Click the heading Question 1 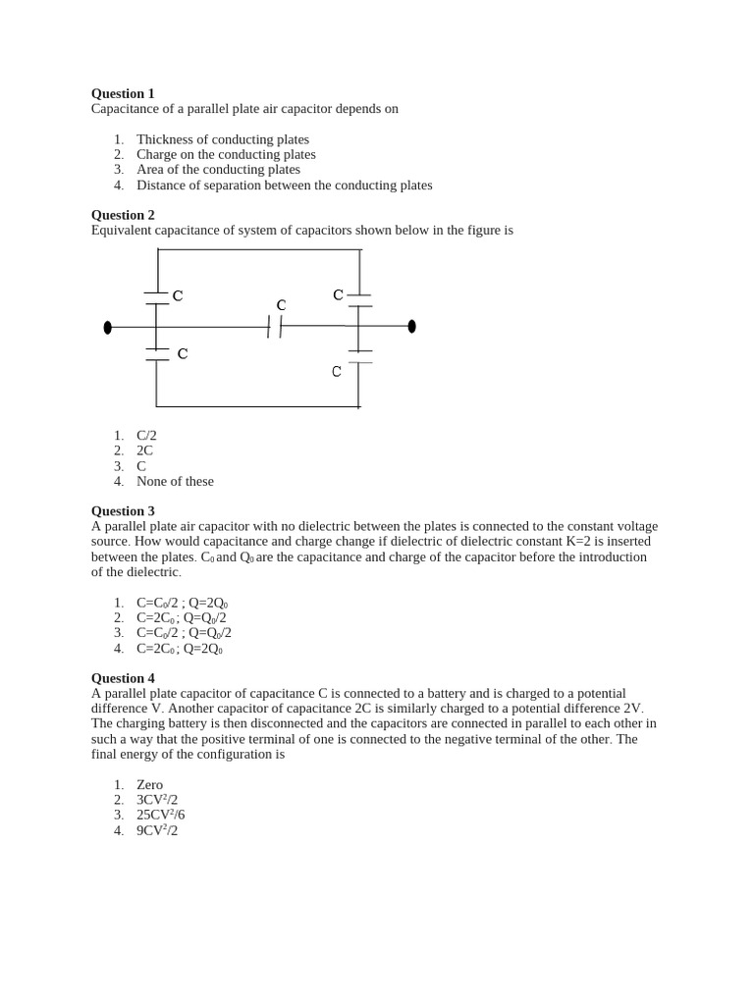coord(123,93)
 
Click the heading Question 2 coord(123,215)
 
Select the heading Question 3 coord(123,511)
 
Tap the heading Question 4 coord(123,678)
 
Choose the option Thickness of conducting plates coord(222,139)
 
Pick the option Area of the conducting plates coord(218,169)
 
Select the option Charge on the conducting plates coord(226,154)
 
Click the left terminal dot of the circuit coord(108,327)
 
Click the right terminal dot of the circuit coord(411,326)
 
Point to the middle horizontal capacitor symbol coord(275,326)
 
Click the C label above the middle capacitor coord(281,305)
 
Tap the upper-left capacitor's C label coord(178,295)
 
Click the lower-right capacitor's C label coord(337,371)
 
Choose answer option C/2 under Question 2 coord(146,436)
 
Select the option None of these coord(175,481)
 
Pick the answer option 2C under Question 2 coord(144,450)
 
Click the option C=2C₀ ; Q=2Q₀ coord(180,649)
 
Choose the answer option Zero coord(149,785)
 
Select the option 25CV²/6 coord(160,815)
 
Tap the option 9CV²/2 coord(157,830)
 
